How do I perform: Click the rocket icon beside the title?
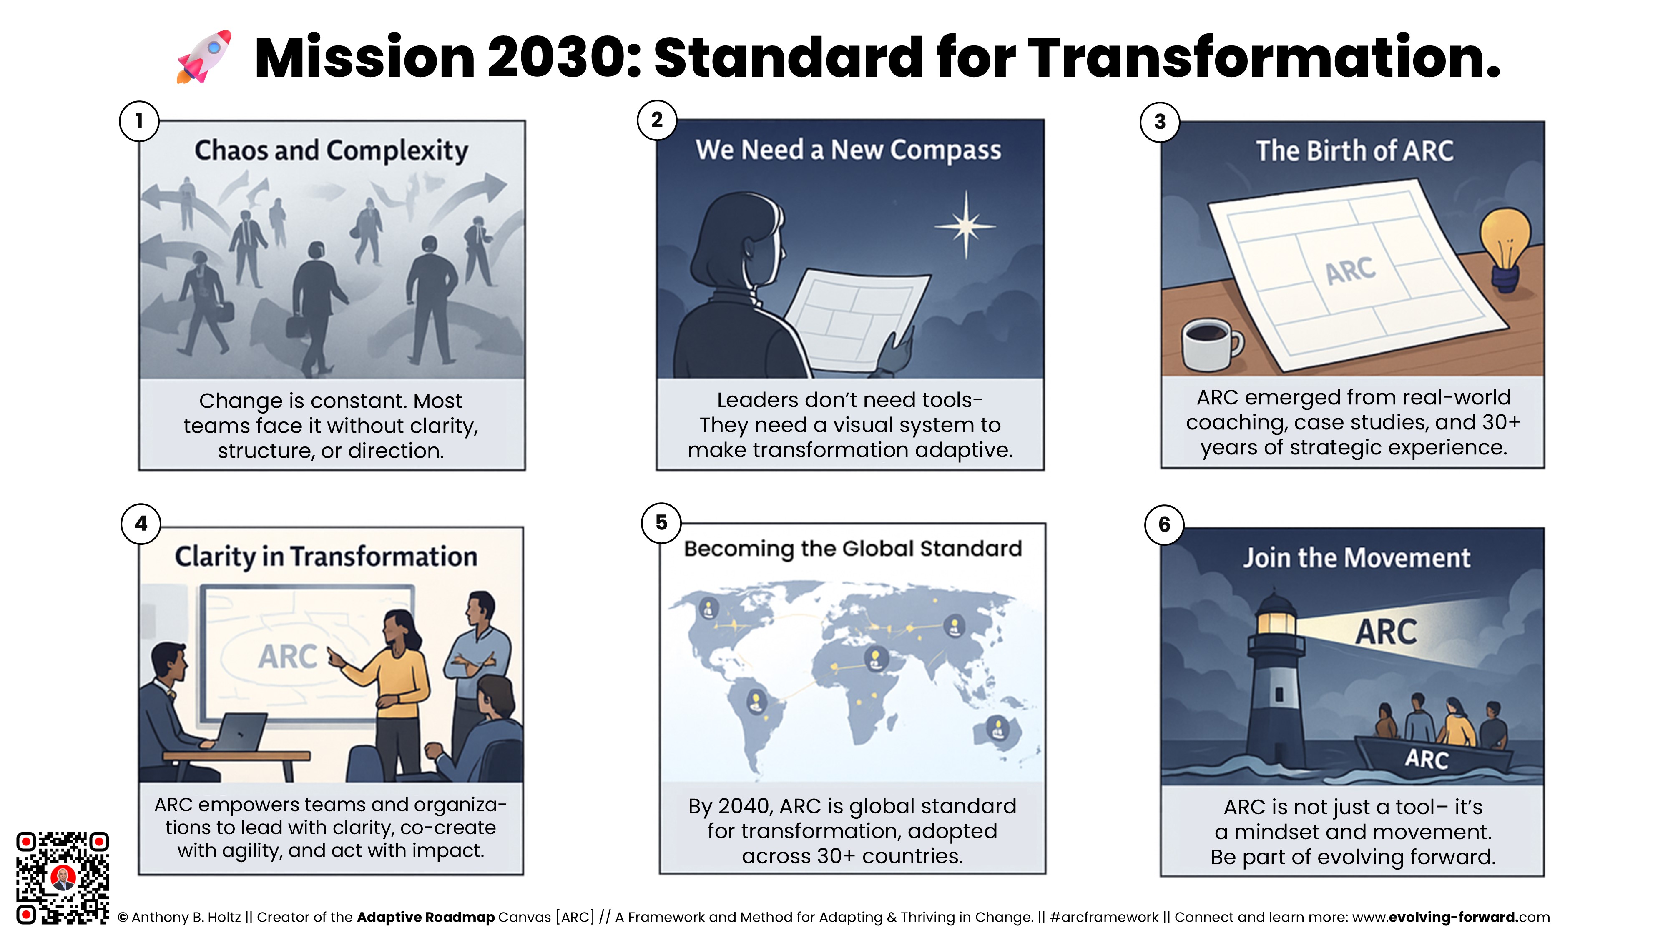pyautogui.click(x=203, y=57)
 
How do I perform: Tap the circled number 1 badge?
pyautogui.click(x=139, y=121)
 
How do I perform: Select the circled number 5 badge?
pyautogui.click(x=661, y=522)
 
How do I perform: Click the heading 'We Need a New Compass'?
pyautogui.click(x=848, y=150)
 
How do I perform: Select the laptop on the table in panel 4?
pyautogui.click(x=241, y=733)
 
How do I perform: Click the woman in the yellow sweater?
pyautogui.click(x=393, y=692)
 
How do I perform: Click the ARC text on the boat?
pyautogui.click(x=1427, y=759)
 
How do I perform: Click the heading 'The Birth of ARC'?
pyautogui.click(x=1354, y=151)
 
